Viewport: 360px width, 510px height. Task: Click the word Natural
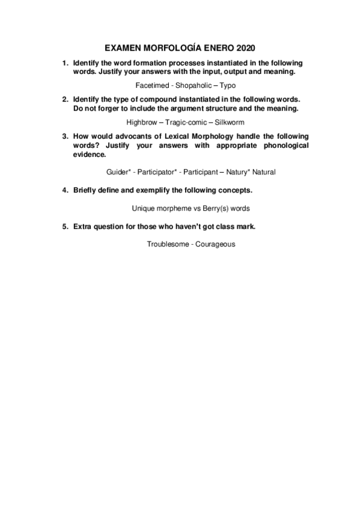point(264,172)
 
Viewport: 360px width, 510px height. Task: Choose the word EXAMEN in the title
point(123,47)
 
